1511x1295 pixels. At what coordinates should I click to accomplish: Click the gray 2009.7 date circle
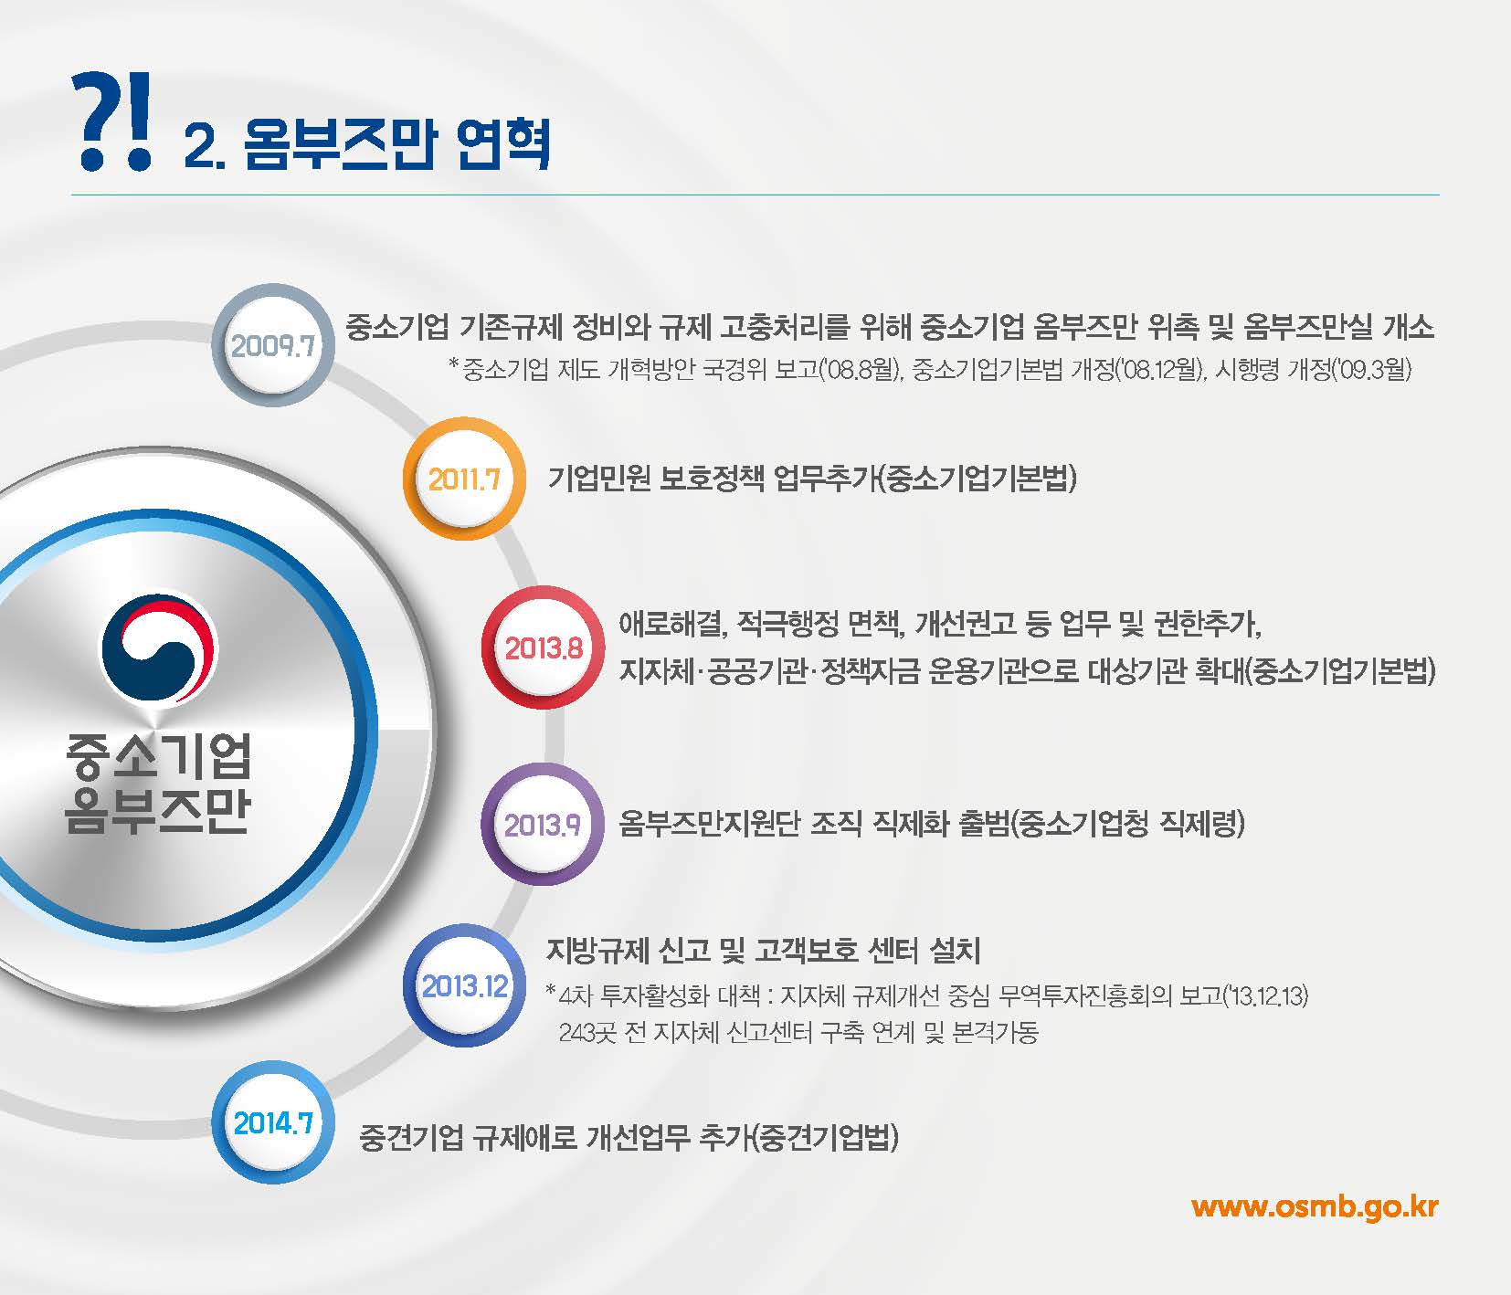pyautogui.click(x=272, y=345)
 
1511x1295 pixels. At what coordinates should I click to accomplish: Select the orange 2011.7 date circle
pyautogui.click(x=464, y=479)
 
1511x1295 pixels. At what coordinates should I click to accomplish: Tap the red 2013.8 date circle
pyautogui.click(x=544, y=647)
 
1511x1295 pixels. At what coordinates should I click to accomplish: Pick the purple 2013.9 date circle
pyautogui.click(x=543, y=825)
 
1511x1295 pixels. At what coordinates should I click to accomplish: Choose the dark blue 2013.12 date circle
pyautogui.click(x=464, y=985)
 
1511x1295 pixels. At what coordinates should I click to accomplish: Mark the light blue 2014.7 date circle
pyautogui.click(x=273, y=1122)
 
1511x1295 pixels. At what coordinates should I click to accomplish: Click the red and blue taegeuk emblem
pyautogui.click(x=159, y=644)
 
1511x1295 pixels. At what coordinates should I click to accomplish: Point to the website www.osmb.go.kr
pyautogui.click(x=1315, y=1206)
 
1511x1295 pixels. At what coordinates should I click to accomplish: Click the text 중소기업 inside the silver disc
pyautogui.click(x=158, y=757)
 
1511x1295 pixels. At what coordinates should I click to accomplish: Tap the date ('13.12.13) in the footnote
pyautogui.click(x=1265, y=995)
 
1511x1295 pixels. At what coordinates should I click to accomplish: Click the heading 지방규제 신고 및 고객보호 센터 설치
pyautogui.click(x=763, y=951)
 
